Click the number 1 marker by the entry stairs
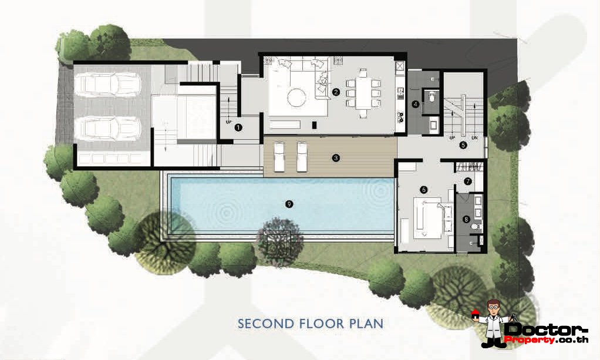coord(238,127)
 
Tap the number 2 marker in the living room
coord(336,92)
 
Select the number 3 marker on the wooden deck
coord(336,158)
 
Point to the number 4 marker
coord(416,103)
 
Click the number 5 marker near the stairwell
coord(463,145)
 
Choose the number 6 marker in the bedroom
coord(424,190)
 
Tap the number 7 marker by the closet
coord(468,181)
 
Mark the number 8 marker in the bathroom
coord(466,220)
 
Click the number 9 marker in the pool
coord(289,204)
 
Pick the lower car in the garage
coord(108,128)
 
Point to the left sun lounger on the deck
coord(278,156)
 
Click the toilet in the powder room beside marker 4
coord(432,97)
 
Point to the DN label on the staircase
coord(474,138)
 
